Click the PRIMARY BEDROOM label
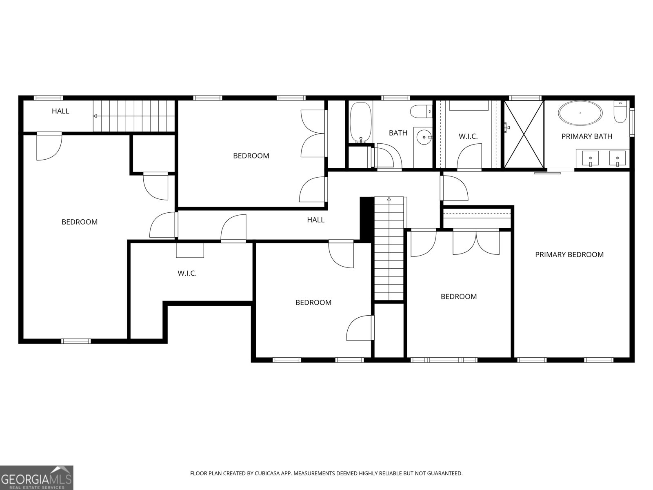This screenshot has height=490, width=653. [x=569, y=255]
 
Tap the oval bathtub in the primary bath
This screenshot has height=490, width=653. [x=580, y=113]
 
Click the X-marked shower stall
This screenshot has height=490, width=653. [x=524, y=134]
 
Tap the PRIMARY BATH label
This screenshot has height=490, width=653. [x=586, y=136]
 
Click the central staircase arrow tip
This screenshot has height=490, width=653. [x=389, y=198]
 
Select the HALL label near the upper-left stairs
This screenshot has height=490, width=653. [x=60, y=111]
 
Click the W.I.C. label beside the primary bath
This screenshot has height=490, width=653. [x=468, y=136]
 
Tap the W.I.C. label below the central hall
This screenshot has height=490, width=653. [x=187, y=273]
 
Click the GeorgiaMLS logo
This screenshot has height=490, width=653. [x=37, y=477]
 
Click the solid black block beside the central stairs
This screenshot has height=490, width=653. [x=366, y=218]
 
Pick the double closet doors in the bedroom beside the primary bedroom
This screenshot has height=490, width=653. [x=476, y=243]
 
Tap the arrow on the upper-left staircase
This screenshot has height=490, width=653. [x=95, y=116]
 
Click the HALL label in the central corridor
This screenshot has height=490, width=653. [x=315, y=220]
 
